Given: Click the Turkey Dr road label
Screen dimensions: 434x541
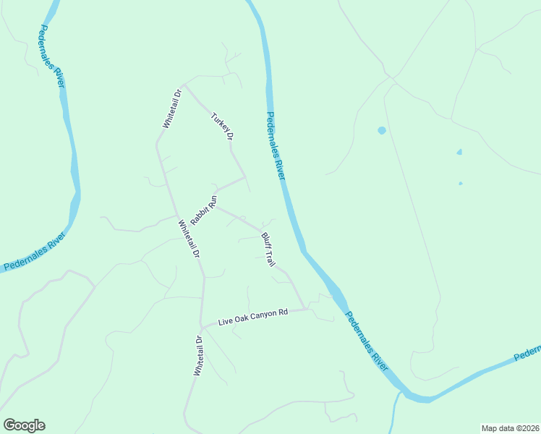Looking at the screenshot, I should tap(223, 126).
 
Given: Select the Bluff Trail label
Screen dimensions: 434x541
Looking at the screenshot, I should tap(268, 248).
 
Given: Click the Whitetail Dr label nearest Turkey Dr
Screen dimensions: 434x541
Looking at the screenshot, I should tap(171, 109).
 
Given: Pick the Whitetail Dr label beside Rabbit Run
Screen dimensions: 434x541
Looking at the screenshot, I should tap(188, 240).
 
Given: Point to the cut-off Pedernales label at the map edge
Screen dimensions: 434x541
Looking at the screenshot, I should tap(527, 354).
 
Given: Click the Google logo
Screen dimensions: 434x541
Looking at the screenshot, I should tap(24, 425).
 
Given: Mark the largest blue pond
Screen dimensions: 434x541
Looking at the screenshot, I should tap(381, 131).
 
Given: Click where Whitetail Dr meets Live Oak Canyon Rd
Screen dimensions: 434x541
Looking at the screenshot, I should tap(203, 326).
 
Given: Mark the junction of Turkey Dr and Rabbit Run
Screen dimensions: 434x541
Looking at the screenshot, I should tap(245, 176).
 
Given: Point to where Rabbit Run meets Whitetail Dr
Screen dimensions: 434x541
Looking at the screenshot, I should tap(176, 216).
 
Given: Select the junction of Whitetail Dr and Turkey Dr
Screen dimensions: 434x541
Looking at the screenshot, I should tap(184, 85).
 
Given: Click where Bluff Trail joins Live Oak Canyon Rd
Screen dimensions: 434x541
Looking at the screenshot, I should tap(307, 309).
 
